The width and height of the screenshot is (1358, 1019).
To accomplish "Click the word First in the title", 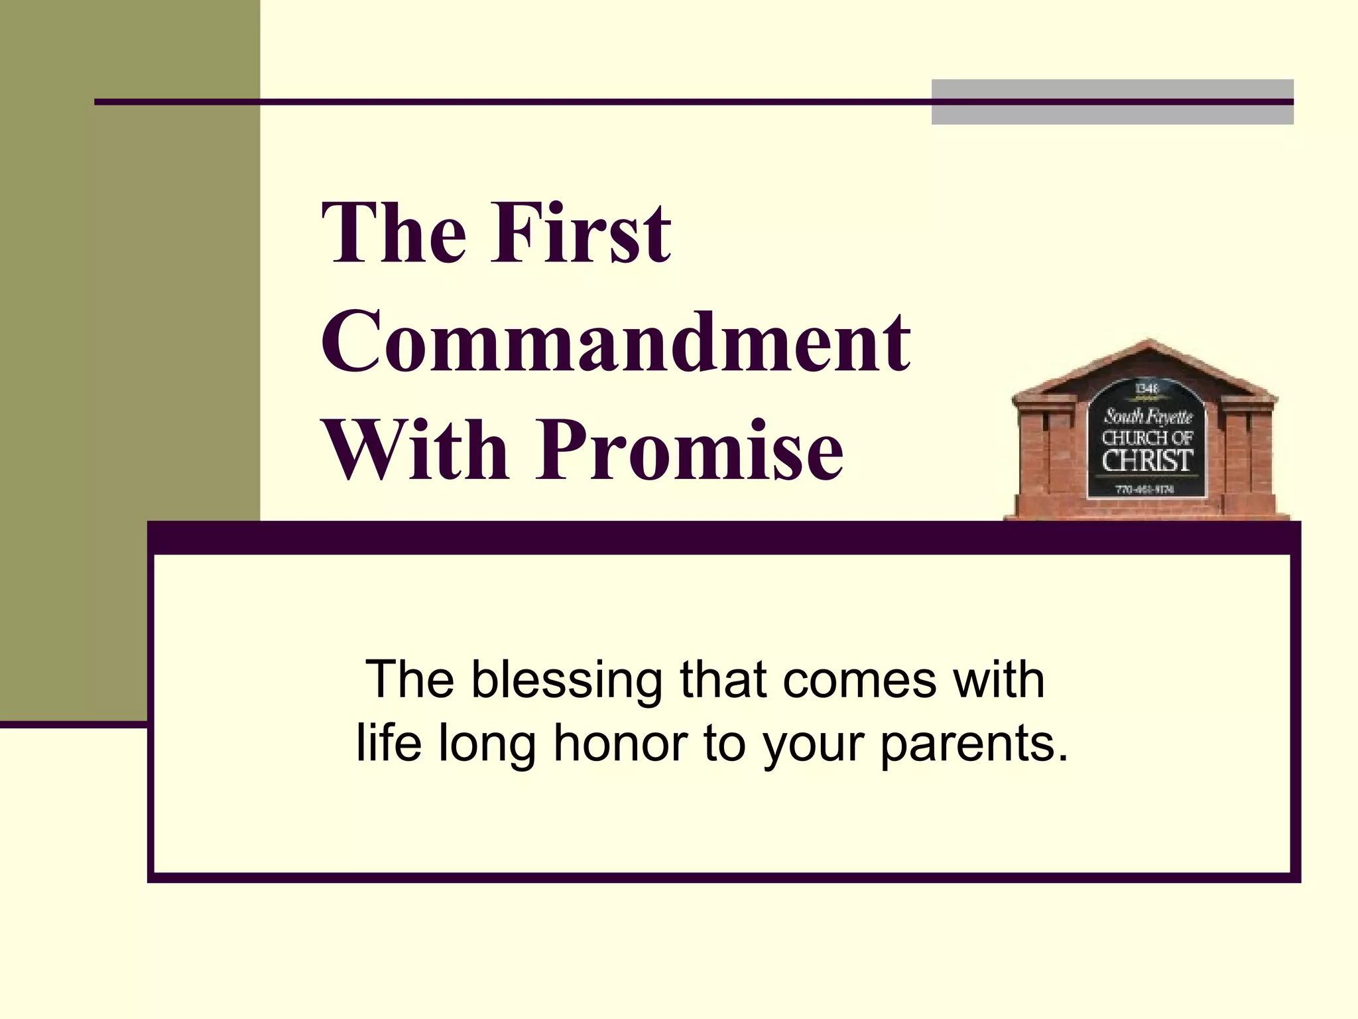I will [x=581, y=234].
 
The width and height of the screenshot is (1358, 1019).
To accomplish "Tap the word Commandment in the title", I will [x=615, y=342].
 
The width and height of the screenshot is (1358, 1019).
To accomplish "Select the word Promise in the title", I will [x=690, y=451].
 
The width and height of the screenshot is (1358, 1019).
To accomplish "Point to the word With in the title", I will [x=416, y=451].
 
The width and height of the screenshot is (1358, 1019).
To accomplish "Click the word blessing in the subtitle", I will [x=567, y=681].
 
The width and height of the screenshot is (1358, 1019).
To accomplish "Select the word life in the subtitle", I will [x=389, y=743].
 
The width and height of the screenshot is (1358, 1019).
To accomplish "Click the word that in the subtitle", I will [x=723, y=681].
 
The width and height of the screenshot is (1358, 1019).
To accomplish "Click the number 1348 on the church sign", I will [x=1146, y=389].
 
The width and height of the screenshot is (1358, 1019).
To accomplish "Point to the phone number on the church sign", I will [x=1146, y=490].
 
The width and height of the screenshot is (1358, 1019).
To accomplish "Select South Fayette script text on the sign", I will [x=1147, y=416].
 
